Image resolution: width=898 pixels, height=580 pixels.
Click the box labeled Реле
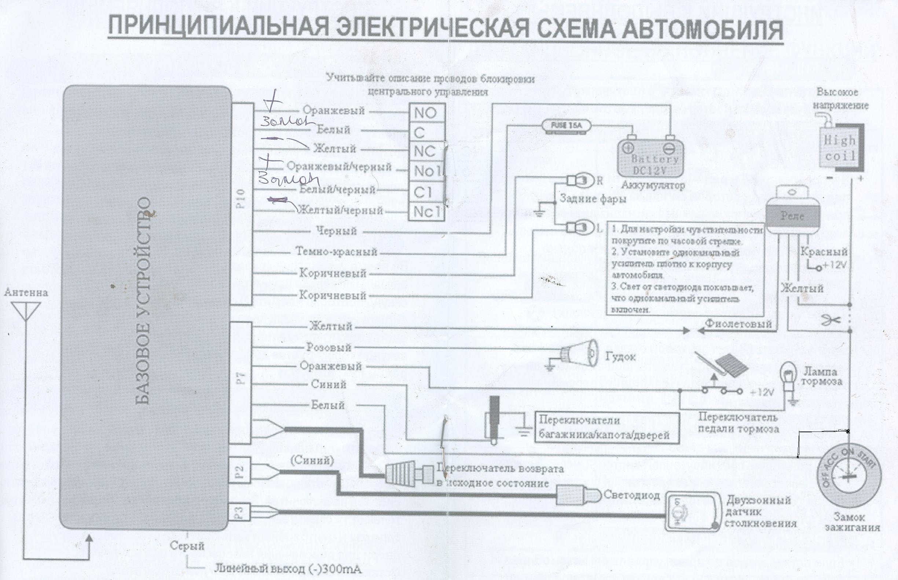coord(792,217)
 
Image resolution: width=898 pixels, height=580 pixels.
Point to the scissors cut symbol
coord(831,320)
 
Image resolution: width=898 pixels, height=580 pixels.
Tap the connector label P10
coord(241,198)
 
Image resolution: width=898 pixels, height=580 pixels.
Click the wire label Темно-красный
coord(336,252)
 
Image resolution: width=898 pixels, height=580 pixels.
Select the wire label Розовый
coord(329,347)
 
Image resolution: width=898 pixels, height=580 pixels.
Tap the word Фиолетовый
coord(738,323)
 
